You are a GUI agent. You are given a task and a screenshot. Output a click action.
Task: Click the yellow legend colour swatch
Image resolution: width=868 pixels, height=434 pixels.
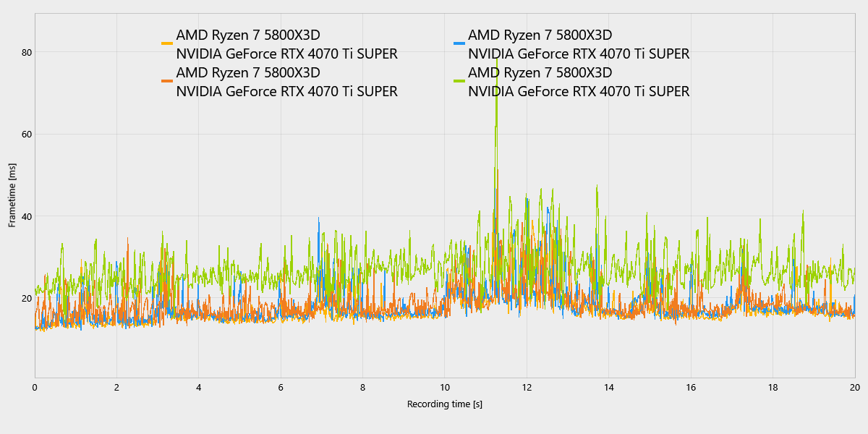click(x=167, y=44)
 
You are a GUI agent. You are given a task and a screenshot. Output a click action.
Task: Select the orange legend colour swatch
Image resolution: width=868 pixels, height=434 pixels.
click(x=167, y=81)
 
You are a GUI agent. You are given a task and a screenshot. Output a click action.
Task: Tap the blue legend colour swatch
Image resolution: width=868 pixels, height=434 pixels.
click(x=459, y=44)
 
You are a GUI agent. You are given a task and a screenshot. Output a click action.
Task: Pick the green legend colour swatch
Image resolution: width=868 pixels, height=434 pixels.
click(x=459, y=81)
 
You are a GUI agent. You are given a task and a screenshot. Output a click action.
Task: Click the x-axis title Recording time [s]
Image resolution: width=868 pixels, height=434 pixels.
click(x=444, y=404)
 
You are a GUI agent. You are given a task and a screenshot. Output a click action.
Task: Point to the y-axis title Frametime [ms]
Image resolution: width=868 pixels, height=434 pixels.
click(x=12, y=195)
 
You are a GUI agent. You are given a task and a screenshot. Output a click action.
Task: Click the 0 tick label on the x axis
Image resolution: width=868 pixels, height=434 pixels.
click(x=35, y=387)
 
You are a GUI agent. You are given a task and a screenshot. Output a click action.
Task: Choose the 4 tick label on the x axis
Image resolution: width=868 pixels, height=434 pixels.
click(x=199, y=387)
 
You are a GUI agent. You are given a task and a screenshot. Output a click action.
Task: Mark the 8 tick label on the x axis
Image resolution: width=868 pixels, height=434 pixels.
click(x=362, y=387)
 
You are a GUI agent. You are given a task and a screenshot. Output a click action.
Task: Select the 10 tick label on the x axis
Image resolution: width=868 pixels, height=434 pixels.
click(x=444, y=387)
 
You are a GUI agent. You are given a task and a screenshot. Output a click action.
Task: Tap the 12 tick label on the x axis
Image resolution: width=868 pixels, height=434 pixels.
click(x=527, y=387)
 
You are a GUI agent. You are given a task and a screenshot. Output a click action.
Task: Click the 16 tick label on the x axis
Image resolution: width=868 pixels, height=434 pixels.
click(x=691, y=387)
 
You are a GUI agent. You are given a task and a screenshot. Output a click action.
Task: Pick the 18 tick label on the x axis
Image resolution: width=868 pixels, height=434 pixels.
click(x=773, y=387)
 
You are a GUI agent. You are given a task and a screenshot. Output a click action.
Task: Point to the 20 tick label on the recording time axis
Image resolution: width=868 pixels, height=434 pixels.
click(x=854, y=387)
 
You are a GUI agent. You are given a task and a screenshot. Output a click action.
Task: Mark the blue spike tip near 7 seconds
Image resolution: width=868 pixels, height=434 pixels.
click(x=318, y=218)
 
